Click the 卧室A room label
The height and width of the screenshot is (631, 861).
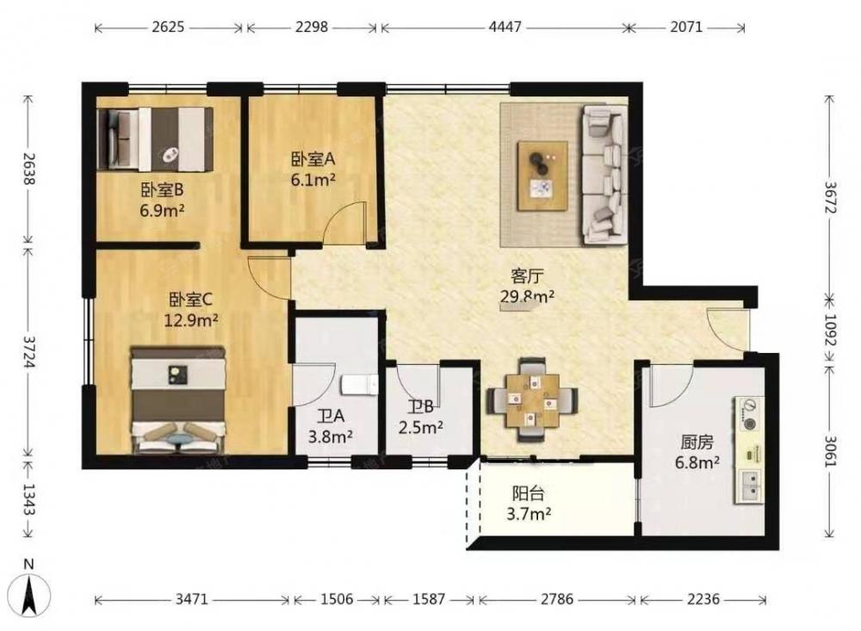[313, 159]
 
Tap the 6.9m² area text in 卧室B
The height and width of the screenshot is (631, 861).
[162, 210]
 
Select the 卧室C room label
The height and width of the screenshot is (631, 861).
[190, 300]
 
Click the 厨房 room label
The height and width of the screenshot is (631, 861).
[697, 442]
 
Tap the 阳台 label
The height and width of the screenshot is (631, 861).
[529, 494]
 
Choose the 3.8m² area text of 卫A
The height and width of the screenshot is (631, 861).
[330, 436]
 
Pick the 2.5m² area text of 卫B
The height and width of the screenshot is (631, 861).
[421, 427]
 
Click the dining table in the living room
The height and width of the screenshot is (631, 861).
[532, 399]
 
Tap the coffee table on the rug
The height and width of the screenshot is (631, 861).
[543, 176]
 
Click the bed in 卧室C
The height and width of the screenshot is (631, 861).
[178, 399]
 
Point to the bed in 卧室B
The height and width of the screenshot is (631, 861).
[155, 139]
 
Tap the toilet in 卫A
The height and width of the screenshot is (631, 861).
[360, 385]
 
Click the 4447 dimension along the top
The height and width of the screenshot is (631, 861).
[505, 27]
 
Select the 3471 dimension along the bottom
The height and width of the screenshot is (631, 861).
[192, 598]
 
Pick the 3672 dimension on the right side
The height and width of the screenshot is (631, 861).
[829, 196]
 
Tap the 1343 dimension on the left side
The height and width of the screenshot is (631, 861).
[28, 499]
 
